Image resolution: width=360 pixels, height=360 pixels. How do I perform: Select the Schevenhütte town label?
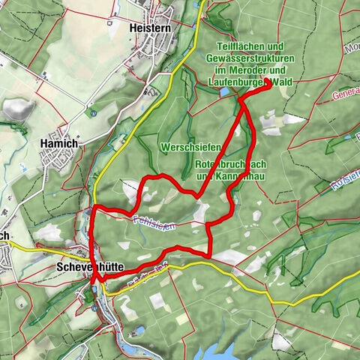click(85, 265)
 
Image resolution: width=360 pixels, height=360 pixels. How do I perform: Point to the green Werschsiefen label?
click(184, 146)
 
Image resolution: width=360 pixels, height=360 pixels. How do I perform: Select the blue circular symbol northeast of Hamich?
click(93, 112)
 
